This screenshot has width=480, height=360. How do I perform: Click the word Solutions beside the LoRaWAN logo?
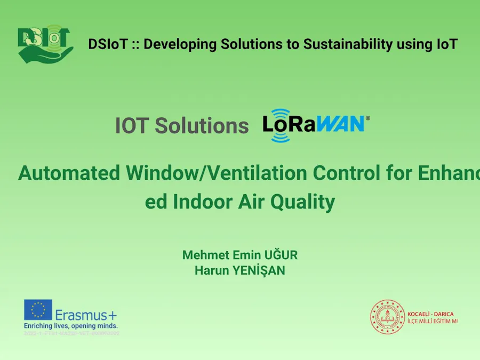tap(202, 126)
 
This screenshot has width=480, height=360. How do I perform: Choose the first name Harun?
tap(212, 270)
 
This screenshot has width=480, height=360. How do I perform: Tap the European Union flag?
tap(38, 310)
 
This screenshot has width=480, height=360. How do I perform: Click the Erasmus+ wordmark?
tap(86, 315)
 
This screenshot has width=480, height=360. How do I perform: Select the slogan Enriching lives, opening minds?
tap(71, 325)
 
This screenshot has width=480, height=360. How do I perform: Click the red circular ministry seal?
tap(388, 317)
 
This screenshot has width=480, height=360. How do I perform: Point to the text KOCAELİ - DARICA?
tap(430, 314)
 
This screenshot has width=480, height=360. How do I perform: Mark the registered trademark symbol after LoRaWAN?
tap(367, 117)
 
